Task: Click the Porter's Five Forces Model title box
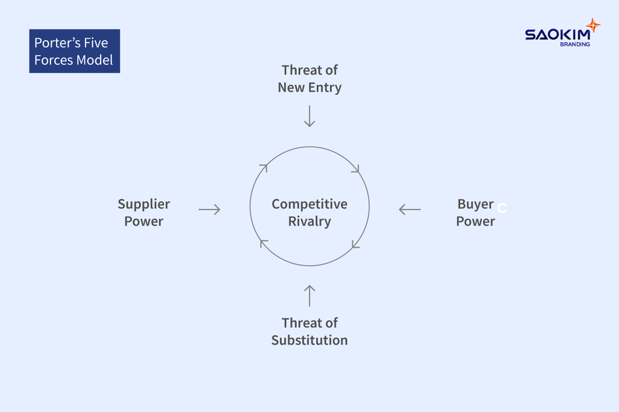[74, 51]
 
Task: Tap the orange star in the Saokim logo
[593, 25]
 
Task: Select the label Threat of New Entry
[309, 78]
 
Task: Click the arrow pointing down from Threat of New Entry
[309, 116]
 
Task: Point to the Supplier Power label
[143, 213]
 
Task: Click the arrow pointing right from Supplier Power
[209, 210]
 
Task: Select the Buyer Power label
[475, 213]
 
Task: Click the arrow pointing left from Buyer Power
[410, 210]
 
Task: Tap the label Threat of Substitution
[309, 332]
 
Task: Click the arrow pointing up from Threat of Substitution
[309, 296]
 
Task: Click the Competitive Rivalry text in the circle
[309, 213]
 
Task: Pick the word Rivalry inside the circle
[309, 222]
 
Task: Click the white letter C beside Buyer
[502, 209]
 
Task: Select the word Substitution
[309, 340]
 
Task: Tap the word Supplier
[143, 204]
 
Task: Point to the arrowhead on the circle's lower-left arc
[264, 243]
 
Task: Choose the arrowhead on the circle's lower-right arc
[355, 245]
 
